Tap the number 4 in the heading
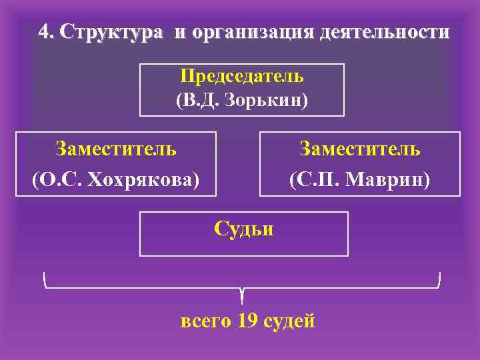[x=44, y=32]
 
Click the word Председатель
[x=242, y=76]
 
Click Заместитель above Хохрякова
[x=116, y=148]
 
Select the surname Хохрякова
[x=143, y=179]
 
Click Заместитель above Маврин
[x=359, y=148]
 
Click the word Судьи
[x=243, y=229]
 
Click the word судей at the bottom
[x=289, y=321]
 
